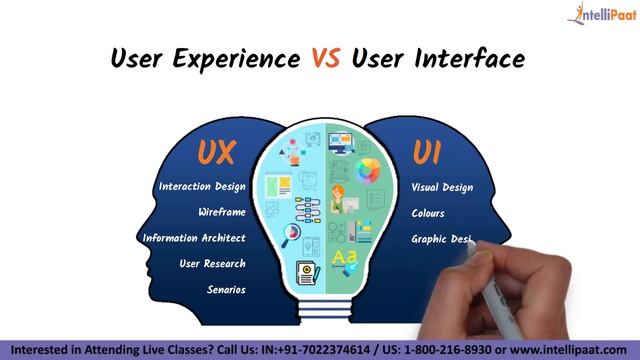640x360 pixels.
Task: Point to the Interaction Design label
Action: (x=202, y=187)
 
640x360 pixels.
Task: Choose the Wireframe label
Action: (x=221, y=212)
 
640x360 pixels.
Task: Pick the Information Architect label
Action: (x=194, y=238)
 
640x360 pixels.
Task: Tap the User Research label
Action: (x=212, y=264)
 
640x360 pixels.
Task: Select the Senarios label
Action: (x=226, y=290)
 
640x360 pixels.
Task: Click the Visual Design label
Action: (x=442, y=187)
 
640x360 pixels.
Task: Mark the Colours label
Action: (x=428, y=213)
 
